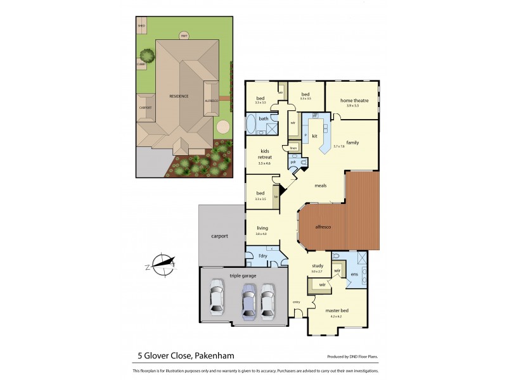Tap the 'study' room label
click(317, 266)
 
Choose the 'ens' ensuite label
click(355, 274)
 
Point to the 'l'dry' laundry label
click(263, 255)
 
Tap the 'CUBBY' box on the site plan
click(141, 64)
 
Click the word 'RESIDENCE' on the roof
click(179, 96)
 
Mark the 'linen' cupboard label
click(293, 148)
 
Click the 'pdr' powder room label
click(293, 162)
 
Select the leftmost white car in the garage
click(217, 300)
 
